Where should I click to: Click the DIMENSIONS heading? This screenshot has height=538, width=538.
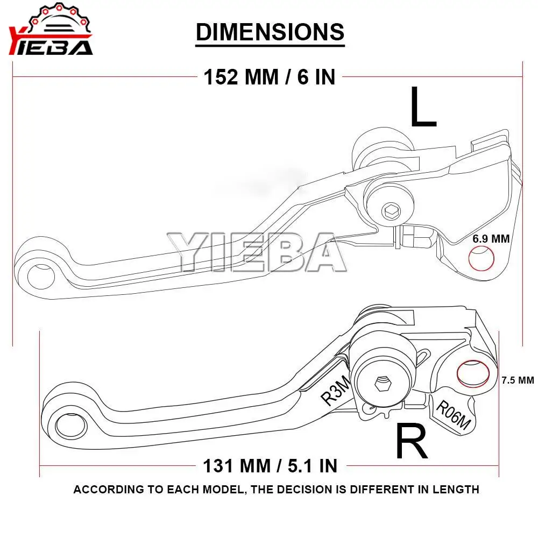point(270,32)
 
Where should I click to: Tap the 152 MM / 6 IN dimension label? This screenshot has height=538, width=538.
point(270,77)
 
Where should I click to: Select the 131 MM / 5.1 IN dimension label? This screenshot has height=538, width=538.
point(270,464)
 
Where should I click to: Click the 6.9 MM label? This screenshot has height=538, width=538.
point(491,238)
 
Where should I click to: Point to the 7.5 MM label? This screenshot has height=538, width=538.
point(517,380)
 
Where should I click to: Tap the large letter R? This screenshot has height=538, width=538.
point(412,442)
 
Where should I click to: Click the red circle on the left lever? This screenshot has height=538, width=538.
point(482,259)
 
